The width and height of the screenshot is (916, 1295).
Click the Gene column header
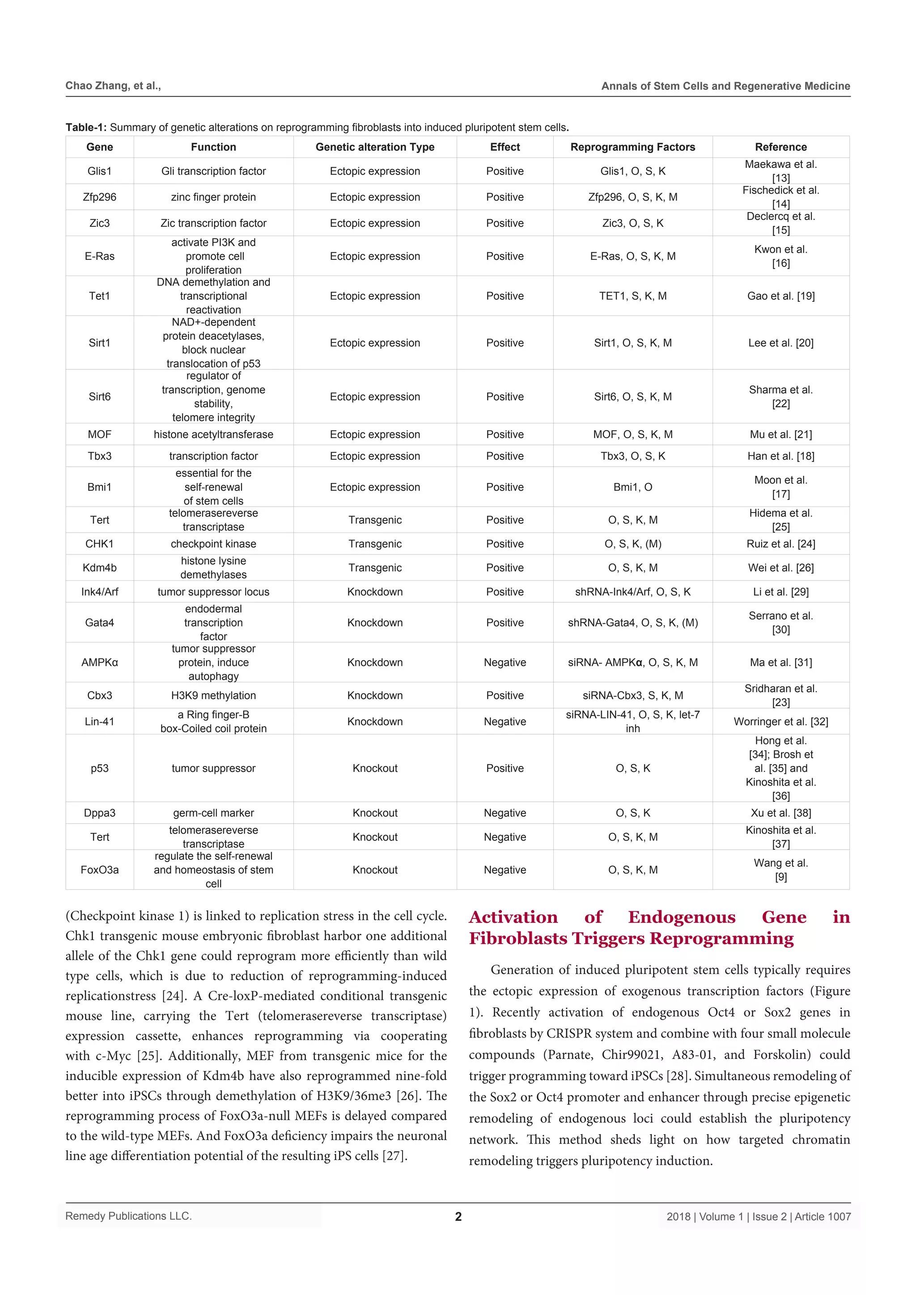click(x=99, y=147)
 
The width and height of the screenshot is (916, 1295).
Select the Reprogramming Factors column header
click(x=632, y=147)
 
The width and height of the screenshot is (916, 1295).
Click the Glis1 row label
click(x=99, y=171)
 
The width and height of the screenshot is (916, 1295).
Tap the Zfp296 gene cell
click(x=99, y=197)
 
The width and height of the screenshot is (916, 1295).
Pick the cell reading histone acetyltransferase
click(x=213, y=434)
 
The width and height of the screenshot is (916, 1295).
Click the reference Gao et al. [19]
click(x=780, y=296)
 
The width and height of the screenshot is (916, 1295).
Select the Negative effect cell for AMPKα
click(x=505, y=662)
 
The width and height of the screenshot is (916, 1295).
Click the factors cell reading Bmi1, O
click(x=632, y=487)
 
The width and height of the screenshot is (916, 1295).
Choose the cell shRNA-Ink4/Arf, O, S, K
click(x=632, y=592)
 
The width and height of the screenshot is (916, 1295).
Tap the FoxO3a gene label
click(x=99, y=870)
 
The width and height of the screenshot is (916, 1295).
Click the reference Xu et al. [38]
click(x=780, y=813)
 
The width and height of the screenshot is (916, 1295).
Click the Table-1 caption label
click(x=86, y=127)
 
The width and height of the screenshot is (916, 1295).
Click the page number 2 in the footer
click(x=458, y=1217)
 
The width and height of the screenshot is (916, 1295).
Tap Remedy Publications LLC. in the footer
click(x=129, y=1216)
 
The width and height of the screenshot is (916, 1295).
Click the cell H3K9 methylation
click(x=213, y=695)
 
